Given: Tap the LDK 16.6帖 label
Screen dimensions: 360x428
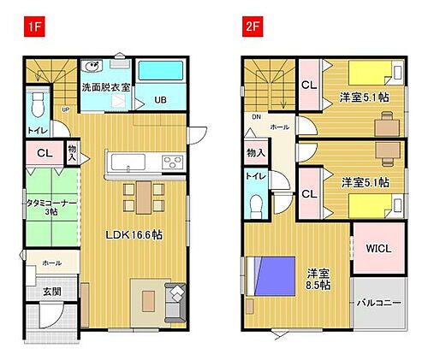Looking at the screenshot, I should pyautogui.click(x=135, y=235).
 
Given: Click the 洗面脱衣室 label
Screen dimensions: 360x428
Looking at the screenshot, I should pyautogui.click(x=106, y=87).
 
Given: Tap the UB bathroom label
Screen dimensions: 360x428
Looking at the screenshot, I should pyautogui.click(x=160, y=100).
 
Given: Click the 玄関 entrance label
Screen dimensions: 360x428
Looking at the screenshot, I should pyautogui.click(x=51, y=292).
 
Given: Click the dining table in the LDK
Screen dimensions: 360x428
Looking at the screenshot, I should pyautogui.click(x=140, y=193).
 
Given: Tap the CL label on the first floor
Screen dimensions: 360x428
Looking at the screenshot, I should pyautogui.click(x=44, y=154).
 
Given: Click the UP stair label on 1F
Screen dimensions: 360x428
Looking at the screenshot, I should pyautogui.click(x=66, y=109).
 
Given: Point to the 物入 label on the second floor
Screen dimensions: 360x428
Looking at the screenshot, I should pyautogui.click(x=255, y=152).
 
